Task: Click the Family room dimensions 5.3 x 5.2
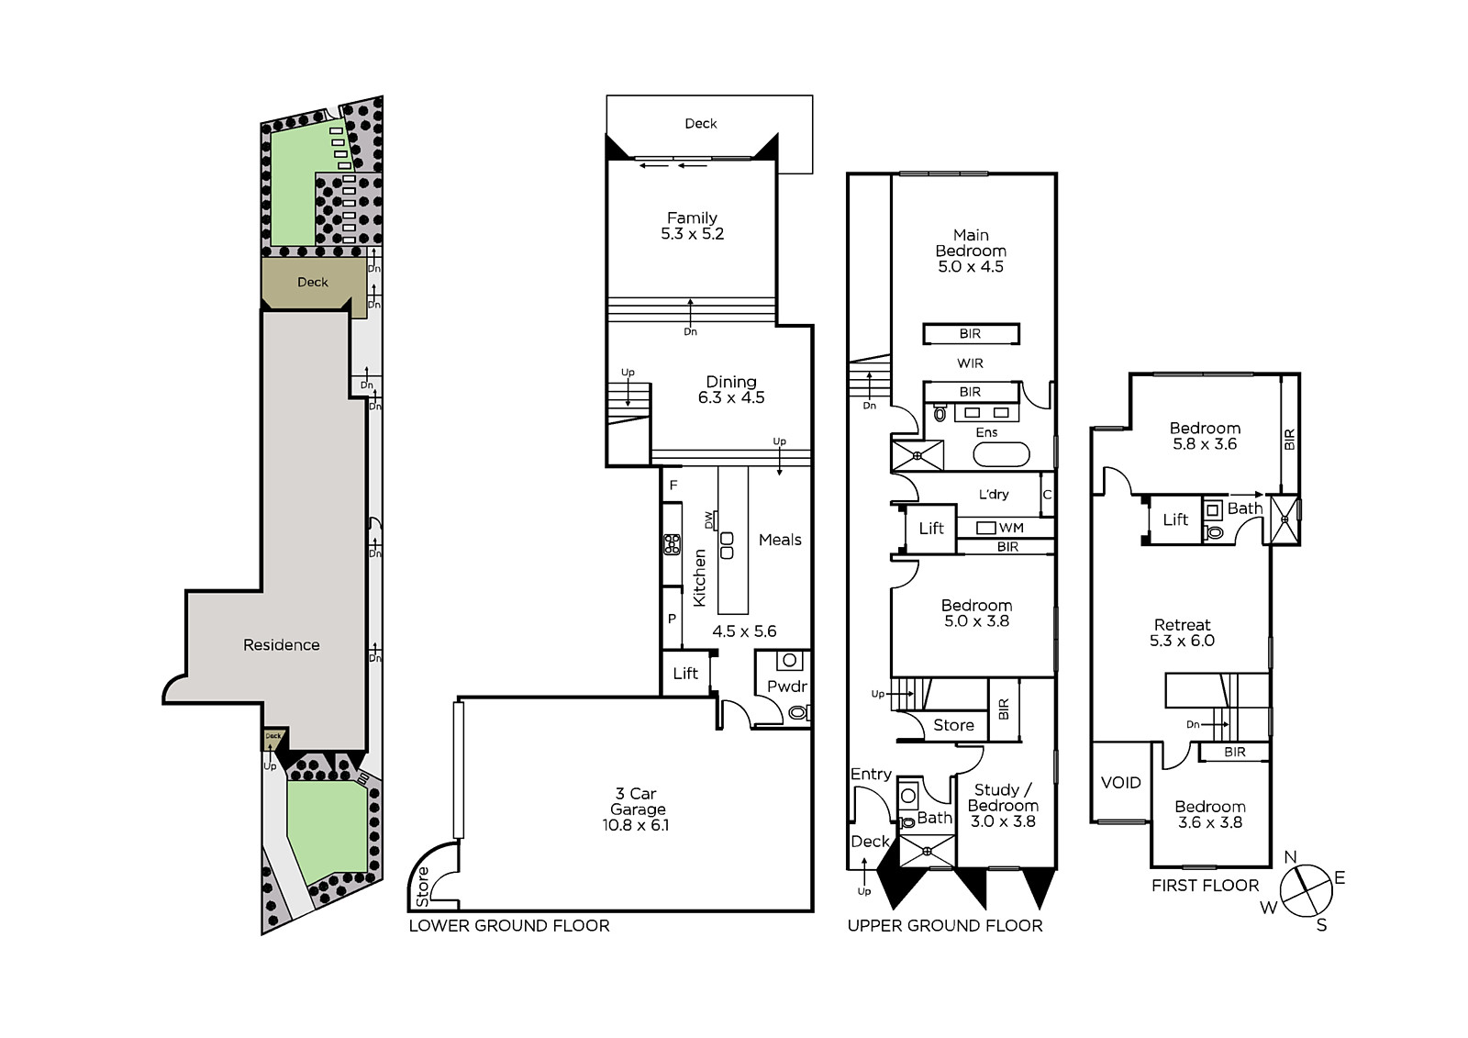(692, 234)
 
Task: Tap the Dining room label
(730, 382)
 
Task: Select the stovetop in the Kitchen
(672, 544)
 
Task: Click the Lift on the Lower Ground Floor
(685, 674)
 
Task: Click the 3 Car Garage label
(638, 801)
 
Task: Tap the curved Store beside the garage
(431, 878)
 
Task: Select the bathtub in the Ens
(1001, 454)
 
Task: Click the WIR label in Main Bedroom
(970, 363)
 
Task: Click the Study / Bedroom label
(1003, 798)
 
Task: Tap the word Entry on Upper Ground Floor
(871, 775)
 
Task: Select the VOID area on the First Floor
(1120, 782)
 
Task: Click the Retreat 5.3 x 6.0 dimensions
(1183, 641)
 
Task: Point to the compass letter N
(1290, 857)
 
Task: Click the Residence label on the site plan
(281, 645)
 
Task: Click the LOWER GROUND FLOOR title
(509, 926)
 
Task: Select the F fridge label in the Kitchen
(673, 486)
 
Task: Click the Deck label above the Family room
(701, 123)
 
